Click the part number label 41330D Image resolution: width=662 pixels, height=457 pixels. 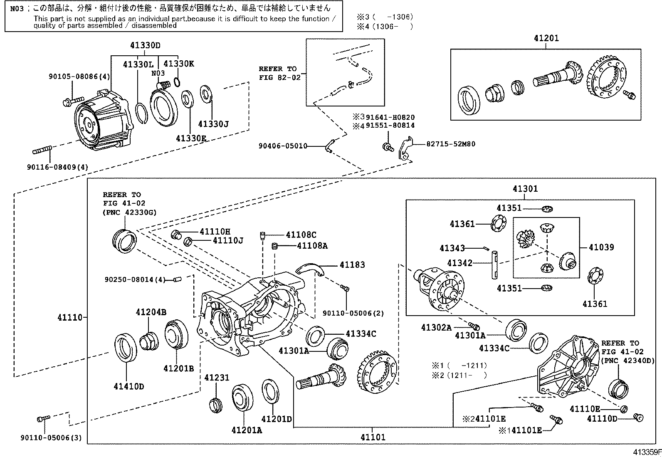pos(145,45)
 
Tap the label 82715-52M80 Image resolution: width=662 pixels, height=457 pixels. pos(451,144)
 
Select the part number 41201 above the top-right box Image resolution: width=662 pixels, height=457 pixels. pos(546,38)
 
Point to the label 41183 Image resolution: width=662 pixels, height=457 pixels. pos(352,264)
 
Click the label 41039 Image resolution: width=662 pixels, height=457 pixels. pos(601,247)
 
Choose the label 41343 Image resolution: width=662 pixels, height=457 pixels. pos(452,248)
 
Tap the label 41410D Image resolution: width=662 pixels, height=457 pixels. pos(129,386)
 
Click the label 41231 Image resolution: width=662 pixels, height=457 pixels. pos(217,378)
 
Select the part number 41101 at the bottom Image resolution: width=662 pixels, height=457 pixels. pos(373,437)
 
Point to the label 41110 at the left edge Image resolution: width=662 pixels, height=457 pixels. pos(70,317)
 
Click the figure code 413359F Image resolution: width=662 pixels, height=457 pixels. pos(647,452)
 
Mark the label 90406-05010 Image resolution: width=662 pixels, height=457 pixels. pos(283,146)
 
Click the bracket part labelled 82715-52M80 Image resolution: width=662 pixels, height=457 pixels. pos(405,148)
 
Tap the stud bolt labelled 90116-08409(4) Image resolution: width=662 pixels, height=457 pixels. pos(42,150)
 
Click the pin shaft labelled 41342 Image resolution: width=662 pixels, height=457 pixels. pos(495,265)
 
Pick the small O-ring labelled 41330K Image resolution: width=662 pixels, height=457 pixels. pos(177,82)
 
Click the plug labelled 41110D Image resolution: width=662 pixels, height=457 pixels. pos(639,417)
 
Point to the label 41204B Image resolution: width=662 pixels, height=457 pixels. pos(151,312)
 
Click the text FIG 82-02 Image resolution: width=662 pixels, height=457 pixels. pos(279,77)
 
